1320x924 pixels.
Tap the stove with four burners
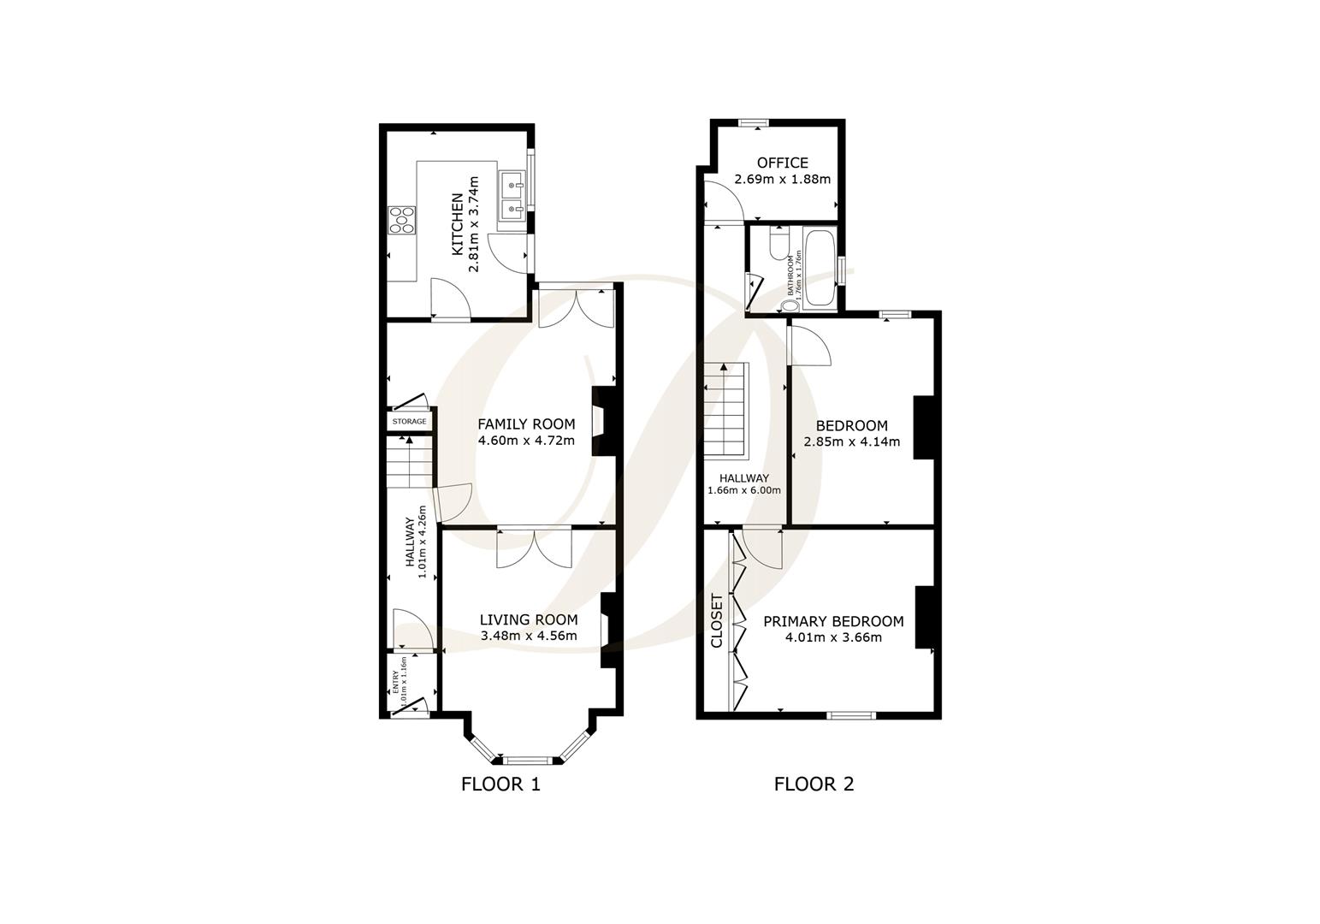point(401,220)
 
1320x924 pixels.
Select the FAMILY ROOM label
point(526,424)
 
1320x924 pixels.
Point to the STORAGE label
point(409,422)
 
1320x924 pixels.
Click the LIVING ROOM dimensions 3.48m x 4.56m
point(529,636)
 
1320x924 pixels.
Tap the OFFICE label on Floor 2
point(782,163)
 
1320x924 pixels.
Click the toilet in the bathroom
point(779,243)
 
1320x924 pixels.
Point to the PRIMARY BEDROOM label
point(833,622)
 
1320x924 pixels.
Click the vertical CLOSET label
point(717,621)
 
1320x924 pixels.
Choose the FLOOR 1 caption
point(500,784)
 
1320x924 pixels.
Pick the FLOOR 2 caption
point(814,784)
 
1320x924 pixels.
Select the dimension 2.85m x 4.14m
point(851,442)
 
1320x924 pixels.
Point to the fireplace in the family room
point(602,422)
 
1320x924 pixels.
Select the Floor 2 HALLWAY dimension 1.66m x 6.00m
point(743,490)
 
